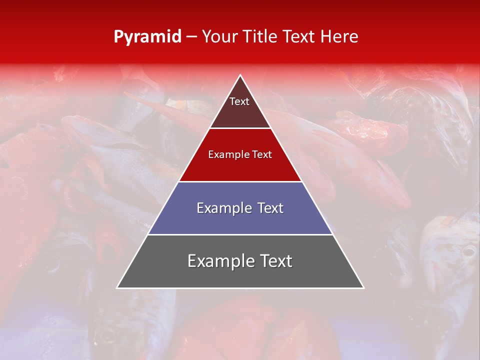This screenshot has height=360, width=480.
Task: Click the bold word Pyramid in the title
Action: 147,37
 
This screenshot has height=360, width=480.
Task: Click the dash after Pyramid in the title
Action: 191,37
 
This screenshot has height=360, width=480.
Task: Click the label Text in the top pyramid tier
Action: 239,101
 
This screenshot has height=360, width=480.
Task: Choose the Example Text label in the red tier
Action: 240,154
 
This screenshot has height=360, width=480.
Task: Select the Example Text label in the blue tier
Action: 240,208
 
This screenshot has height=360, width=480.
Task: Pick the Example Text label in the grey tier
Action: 240,261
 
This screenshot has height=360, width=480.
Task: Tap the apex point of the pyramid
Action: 240,75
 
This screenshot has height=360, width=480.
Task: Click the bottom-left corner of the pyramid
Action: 117,287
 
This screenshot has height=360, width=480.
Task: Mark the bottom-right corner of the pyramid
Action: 363,287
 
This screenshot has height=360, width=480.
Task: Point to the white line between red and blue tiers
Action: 240,181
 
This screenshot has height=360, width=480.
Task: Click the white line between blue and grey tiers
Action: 240,234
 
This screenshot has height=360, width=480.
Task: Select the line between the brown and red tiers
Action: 240,128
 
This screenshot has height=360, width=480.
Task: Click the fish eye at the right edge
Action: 468,251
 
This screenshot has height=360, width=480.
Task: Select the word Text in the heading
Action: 298,37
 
